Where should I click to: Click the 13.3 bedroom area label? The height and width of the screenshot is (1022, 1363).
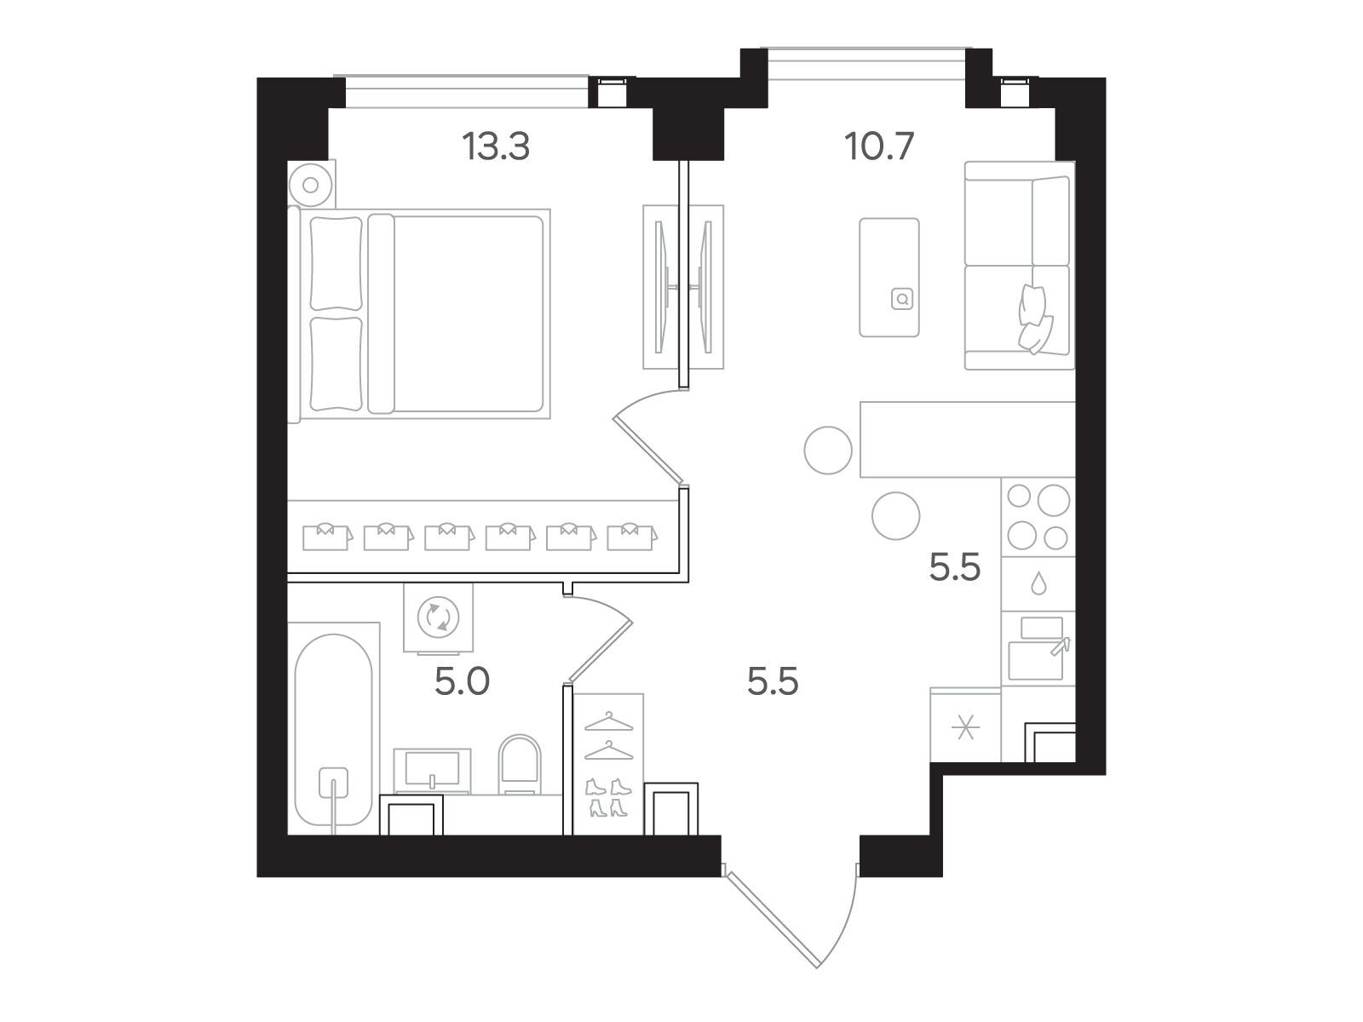[x=496, y=147]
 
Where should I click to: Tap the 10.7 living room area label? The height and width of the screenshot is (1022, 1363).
[x=878, y=147]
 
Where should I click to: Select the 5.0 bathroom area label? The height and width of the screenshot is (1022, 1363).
[x=462, y=682]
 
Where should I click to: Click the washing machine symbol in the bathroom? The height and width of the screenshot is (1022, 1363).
[x=439, y=617]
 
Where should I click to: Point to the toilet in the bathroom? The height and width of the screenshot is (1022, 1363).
[x=520, y=765]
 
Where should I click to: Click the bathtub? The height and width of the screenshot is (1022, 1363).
[x=334, y=731]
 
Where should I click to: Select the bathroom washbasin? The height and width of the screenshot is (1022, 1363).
[x=432, y=771]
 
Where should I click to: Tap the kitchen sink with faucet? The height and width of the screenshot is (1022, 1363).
[x=1038, y=648]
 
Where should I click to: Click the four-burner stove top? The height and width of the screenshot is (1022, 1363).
[x=1038, y=517]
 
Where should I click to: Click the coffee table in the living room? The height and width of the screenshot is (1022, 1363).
[x=889, y=278]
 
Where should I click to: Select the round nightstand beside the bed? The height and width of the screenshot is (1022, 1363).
[x=311, y=184]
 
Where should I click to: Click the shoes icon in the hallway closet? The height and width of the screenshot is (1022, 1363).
[x=608, y=797]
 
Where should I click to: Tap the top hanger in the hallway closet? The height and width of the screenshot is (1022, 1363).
[x=608, y=721]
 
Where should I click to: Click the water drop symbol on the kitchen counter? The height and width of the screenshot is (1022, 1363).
[x=1038, y=583]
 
